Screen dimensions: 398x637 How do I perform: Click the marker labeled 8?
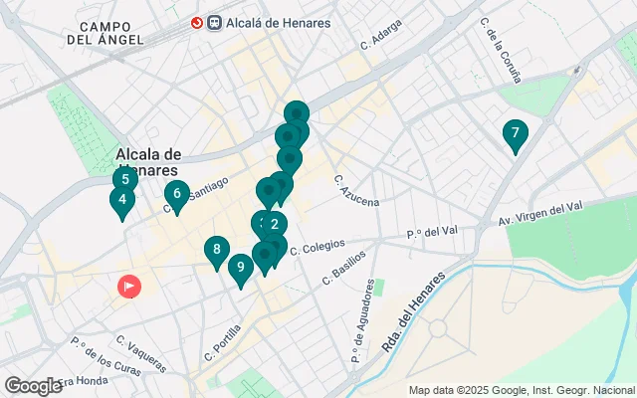[x=216, y=251]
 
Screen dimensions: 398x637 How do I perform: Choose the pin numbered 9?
[x=240, y=268]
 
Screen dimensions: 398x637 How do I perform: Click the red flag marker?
[x=129, y=287]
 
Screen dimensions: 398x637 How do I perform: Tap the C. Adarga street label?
[x=379, y=39]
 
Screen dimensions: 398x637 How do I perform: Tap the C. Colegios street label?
[x=318, y=246]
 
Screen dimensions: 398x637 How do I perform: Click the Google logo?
[x=33, y=385]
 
